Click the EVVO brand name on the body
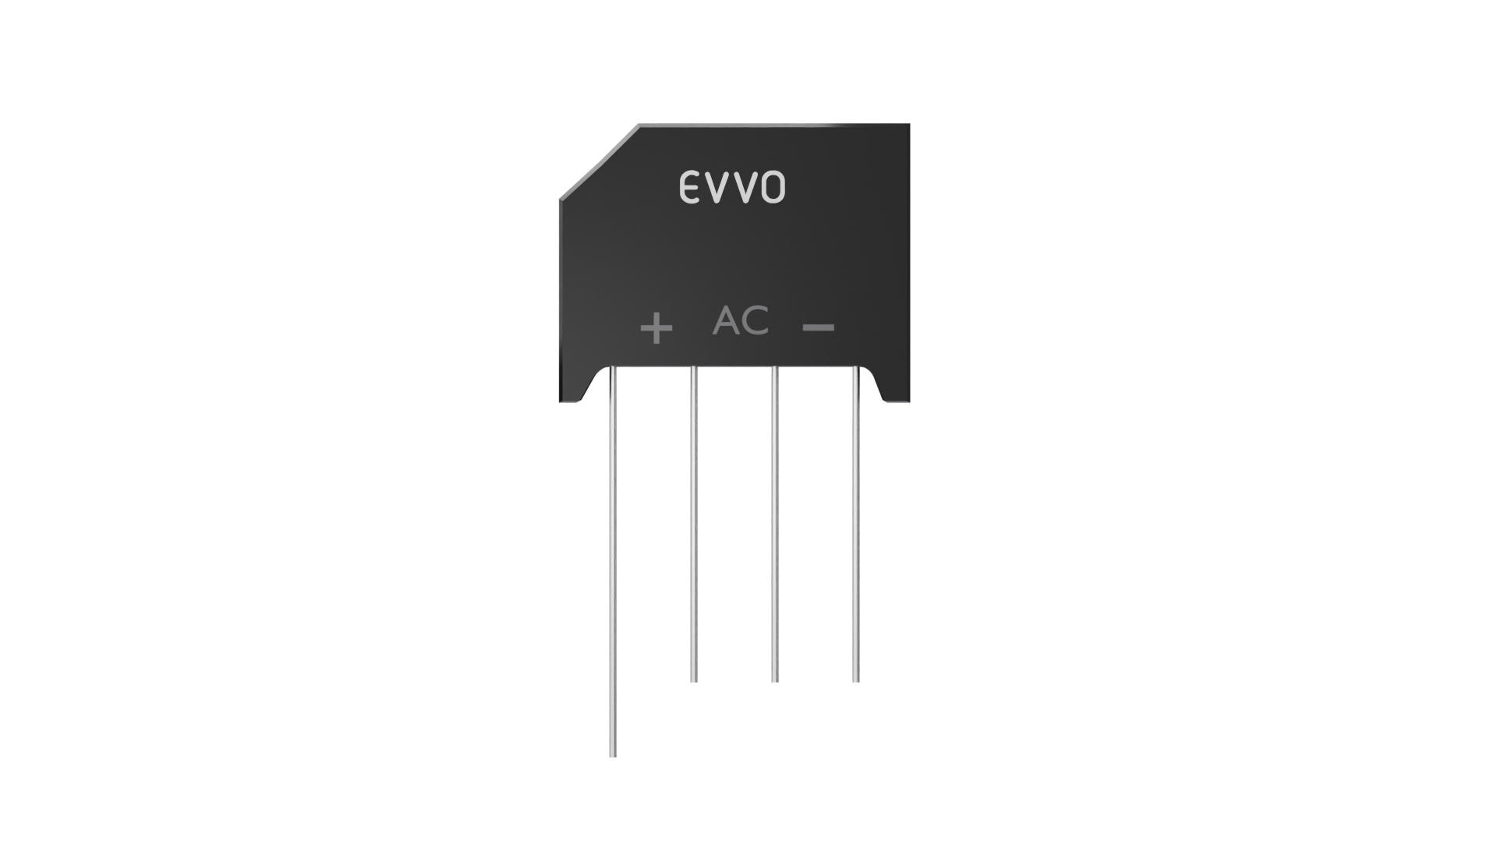coord(732,188)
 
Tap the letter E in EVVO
coord(691,188)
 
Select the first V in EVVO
coord(717,188)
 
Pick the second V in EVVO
coord(744,188)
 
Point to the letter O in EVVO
coord(773,188)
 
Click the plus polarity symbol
coord(656,327)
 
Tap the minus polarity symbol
coord(819,327)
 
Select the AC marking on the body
coord(741,320)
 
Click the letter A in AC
coord(726,320)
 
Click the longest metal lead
coord(613,561)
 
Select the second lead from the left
coord(694,524)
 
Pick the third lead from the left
coord(774,524)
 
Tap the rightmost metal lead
coord(855,524)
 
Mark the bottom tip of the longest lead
coord(613,756)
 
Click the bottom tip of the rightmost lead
coord(855,681)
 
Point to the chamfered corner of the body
coord(599,161)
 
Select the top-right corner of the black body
coord(910,123)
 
